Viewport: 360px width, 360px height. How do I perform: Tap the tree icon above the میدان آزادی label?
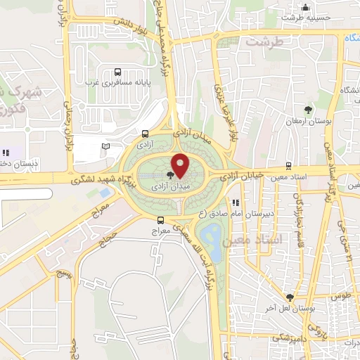click(x=171, y=174)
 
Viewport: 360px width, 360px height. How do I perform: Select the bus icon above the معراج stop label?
click(x=161, y=219)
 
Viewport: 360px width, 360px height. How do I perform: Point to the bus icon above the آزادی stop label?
click(x=145, y=134)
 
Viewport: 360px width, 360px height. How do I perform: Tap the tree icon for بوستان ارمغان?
click(x=308, y=109)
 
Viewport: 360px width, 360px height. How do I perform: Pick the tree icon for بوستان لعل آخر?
click(x=290, y=297)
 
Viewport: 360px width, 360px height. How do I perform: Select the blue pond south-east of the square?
click(x=210, y=233)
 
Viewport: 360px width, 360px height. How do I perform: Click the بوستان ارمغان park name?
click(x=308, y=121)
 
